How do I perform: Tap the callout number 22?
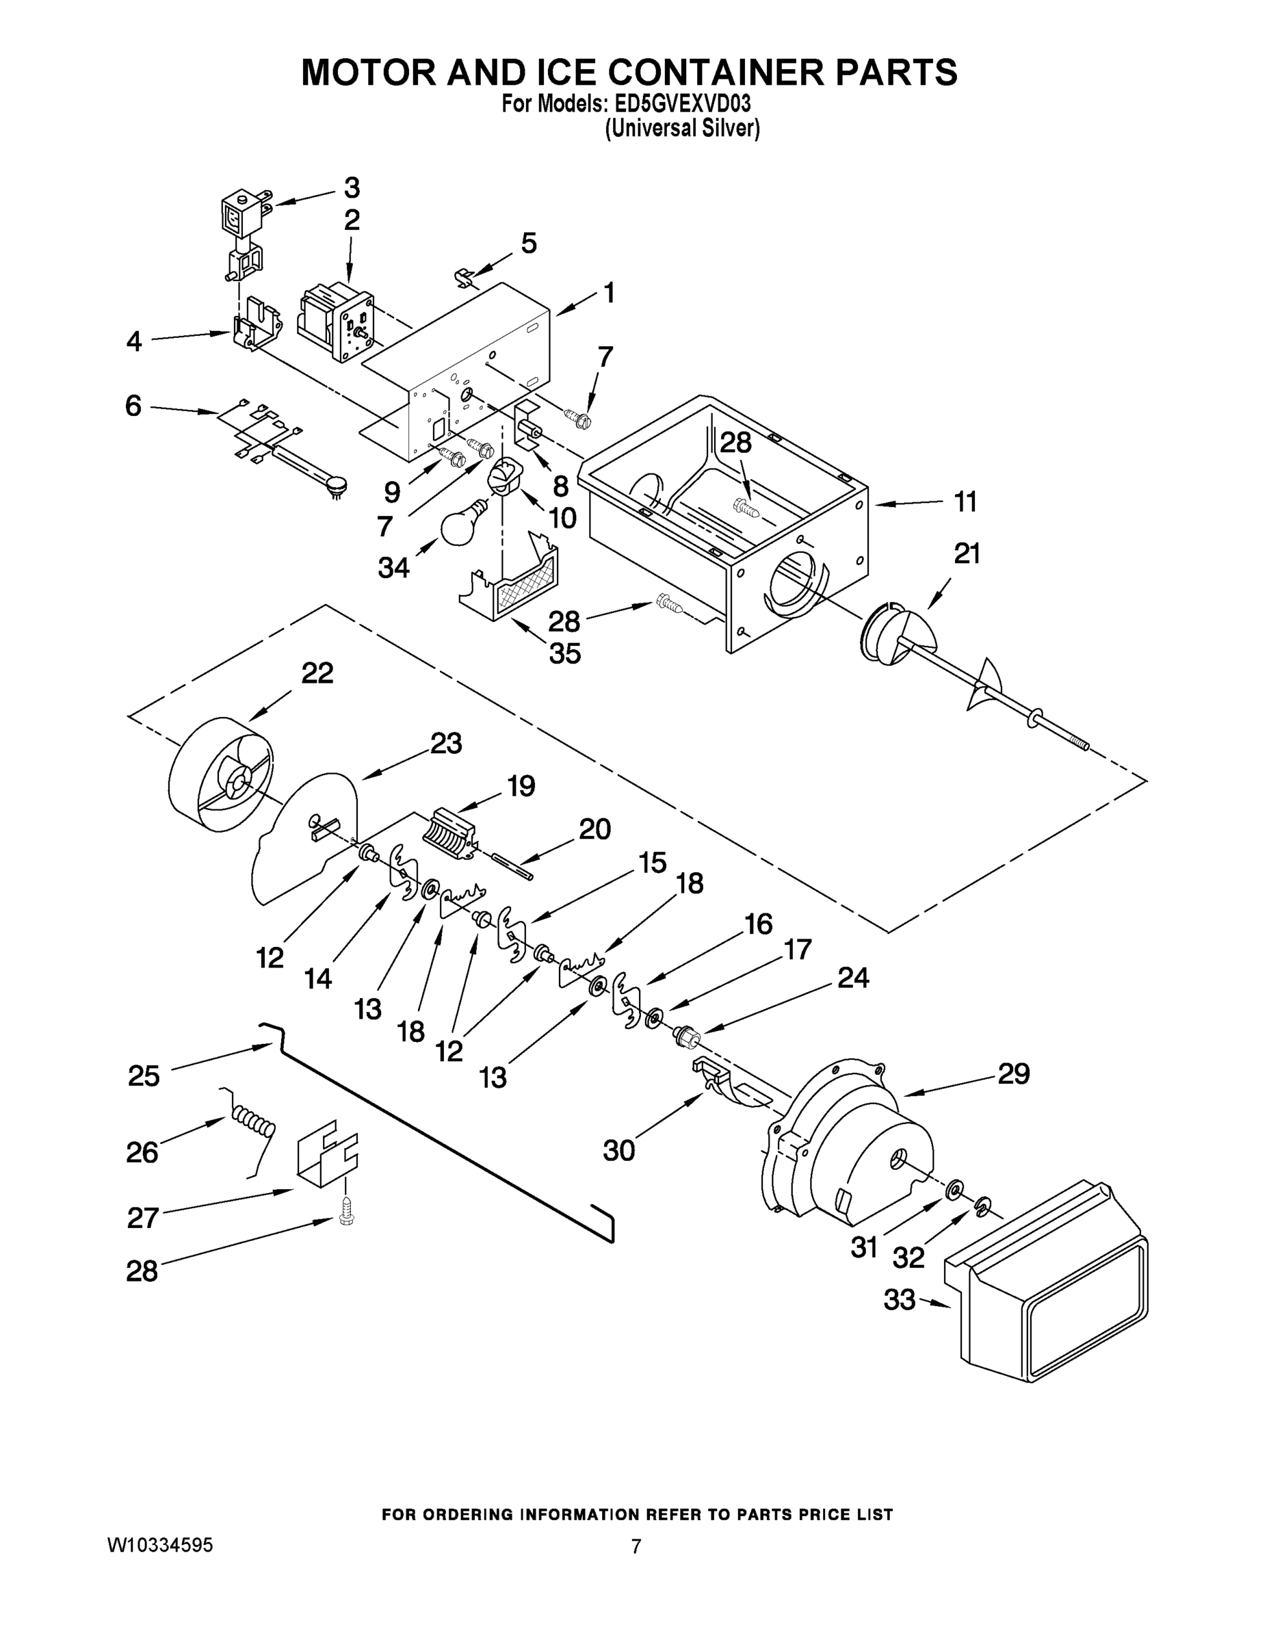pyautogui.click(x=317, y=673)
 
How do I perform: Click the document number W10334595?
pyautogui.click(x=161, y=1545)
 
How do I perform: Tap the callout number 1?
pyautogui.click(x=609, y=292)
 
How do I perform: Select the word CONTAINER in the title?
pyautogui.click(x=718, y=71)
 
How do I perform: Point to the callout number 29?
pyautogui.click(x=1012, y=1074)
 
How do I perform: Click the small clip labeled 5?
pyautogui.click(x=467, y=276)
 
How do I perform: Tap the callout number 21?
pyautogui.click(x=967, y=554)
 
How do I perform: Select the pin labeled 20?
pyautogui.click(x=511, y=864)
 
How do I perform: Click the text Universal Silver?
pyautogui.click(x=683, y=129)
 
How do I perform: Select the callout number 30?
pyautogui.click(x=618, y=1150)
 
